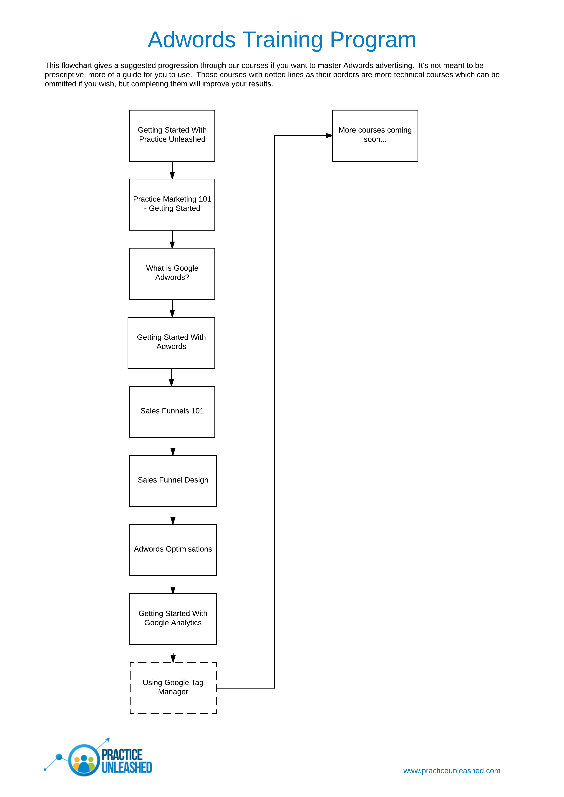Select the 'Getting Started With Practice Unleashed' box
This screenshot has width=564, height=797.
tap(172, 136)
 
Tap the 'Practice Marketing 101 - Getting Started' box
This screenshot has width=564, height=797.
tap(172, 205)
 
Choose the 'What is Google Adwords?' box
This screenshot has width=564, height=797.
tap(172, 274)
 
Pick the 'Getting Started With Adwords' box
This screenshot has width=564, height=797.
tap(171, 343)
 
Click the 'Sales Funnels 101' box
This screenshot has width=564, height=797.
tap(172, 412)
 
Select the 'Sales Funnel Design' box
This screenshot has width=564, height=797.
tap(173, 481)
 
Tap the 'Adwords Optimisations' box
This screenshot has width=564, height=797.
tap(173, 550)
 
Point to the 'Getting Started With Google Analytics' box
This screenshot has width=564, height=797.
tap(173, 619)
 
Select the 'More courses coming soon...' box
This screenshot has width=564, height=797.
tap(375, 136)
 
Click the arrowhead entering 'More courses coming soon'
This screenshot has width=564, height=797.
tap(329, 136)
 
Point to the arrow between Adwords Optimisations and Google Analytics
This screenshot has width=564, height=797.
tap(173, 584)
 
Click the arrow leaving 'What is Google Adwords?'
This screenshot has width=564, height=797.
tap(172, 308)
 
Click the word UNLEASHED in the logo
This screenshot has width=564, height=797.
tap(127, 767)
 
